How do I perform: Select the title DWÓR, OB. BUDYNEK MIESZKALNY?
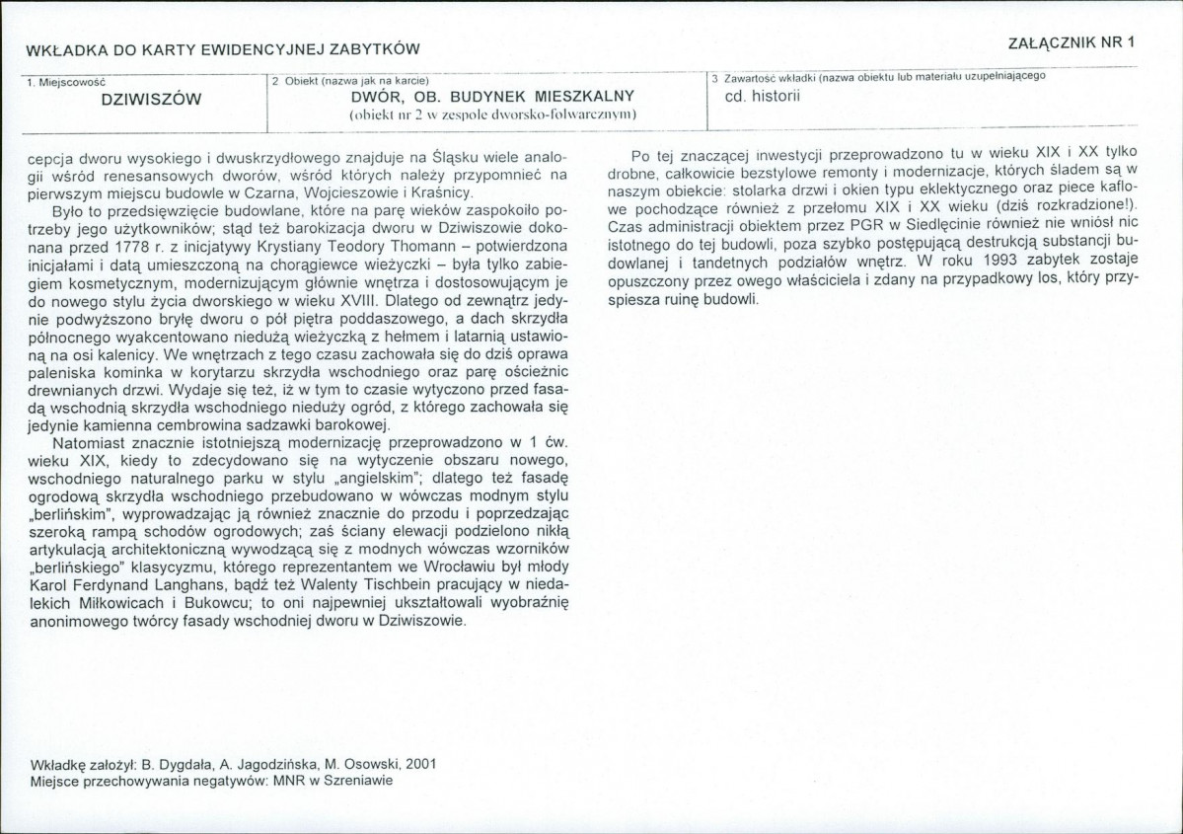pyautogui.click(x=491, y=97)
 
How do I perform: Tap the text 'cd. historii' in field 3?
pyautogui.click(x=762, y=96)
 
